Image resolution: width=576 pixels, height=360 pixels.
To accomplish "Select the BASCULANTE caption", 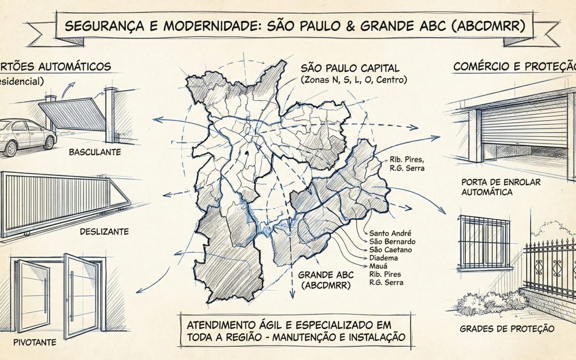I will [95, 152].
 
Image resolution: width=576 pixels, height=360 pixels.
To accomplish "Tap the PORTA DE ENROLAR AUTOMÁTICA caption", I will [501, 187].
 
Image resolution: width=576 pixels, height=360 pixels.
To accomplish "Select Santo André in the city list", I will [390, 233].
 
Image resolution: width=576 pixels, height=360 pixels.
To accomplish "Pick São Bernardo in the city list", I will [392, 242].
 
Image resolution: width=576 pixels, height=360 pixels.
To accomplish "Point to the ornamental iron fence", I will [549, 267].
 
